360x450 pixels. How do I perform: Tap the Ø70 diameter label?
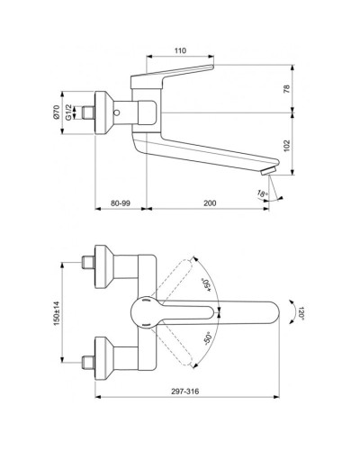pyautogui.click(x=56, y=112)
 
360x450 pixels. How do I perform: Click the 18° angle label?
pyautogui.click(x=264, y=193)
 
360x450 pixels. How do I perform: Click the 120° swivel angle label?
pyautogui.click(x=303, y=313)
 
